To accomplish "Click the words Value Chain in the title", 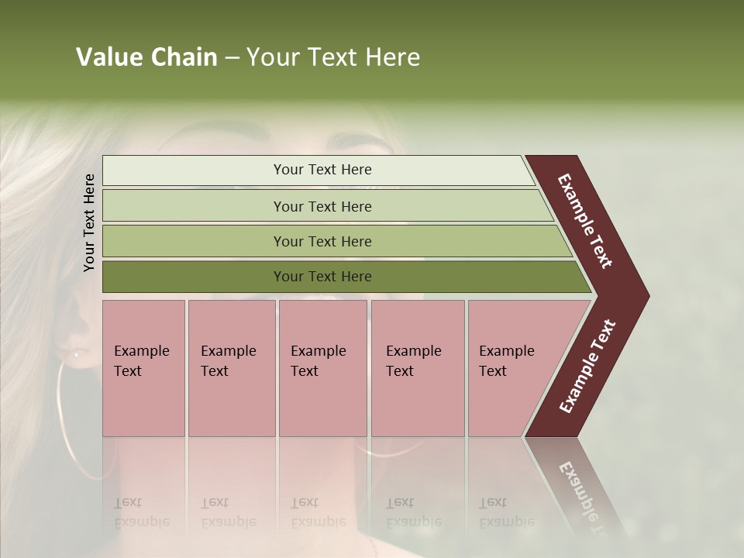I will (146, 57).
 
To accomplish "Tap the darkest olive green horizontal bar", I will (194, 277).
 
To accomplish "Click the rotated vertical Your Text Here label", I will (89, 222).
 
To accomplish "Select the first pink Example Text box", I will (143, 368).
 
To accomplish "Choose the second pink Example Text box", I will (231, 368).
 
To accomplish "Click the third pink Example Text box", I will (322, 368).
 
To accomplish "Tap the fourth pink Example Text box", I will (418, 368).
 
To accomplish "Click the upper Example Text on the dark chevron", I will (585, 221).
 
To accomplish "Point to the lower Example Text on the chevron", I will (587, 367).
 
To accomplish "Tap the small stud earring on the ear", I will (77, 354).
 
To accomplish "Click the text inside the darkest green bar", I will (322, 277).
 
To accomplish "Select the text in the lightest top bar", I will (322, 170).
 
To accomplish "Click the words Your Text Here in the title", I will (333, 57).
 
